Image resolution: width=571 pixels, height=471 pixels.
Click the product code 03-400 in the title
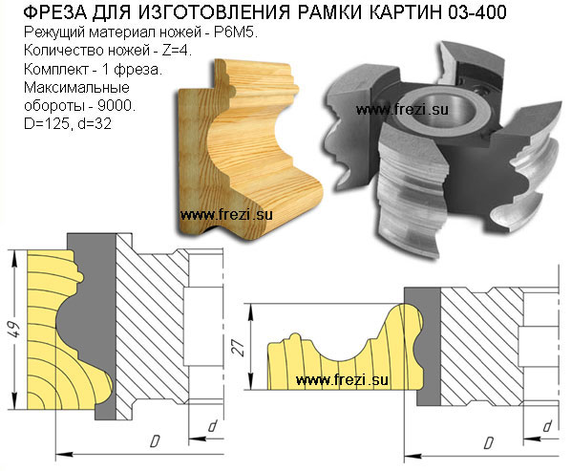(477, 12)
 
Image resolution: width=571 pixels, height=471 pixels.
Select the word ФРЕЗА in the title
(55, 12)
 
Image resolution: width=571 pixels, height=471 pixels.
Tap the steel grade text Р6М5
(236, 32)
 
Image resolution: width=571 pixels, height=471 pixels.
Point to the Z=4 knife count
(177, 51)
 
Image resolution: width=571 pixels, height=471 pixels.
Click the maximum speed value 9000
(116, 106)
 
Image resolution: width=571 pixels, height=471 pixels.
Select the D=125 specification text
(47, 124)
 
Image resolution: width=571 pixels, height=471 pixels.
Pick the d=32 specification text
(95, 124)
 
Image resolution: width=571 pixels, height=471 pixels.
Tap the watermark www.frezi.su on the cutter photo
(402, 110)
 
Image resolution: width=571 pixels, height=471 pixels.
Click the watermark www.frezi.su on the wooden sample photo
(226, 215)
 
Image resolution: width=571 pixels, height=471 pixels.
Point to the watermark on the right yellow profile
(342, 380)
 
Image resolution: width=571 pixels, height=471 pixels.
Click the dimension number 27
(239, 348)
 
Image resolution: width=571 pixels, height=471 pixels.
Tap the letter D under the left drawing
(155, 441)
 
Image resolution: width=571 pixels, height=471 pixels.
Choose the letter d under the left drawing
(213, 425)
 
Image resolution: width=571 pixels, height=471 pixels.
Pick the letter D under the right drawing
(489, 442)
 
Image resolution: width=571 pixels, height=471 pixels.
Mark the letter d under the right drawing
(547, 426)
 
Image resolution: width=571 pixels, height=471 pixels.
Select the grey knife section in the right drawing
(429, 346)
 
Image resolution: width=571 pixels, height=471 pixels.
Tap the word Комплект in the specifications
(56, 69)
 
